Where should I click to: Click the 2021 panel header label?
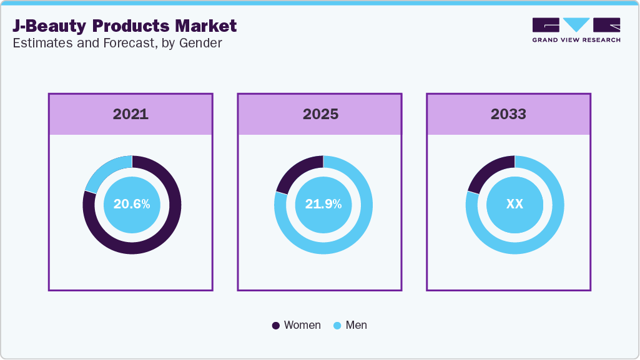tap(130, 114)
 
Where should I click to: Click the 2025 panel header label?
tap(320, 114)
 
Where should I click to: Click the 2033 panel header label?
tap(508, 114)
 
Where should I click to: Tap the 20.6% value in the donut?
tap(132, 204)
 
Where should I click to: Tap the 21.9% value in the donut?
tap(323, 204)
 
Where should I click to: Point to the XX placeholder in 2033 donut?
tap(514, 204)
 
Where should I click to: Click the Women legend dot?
tap(276, 326)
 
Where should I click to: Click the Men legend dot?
tap(338, 326)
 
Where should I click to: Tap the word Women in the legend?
tap(302, 325)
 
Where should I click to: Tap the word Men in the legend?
tap(357, 325)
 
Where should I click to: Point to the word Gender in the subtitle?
tap(202, 43)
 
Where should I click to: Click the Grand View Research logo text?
tap(576, 40)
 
